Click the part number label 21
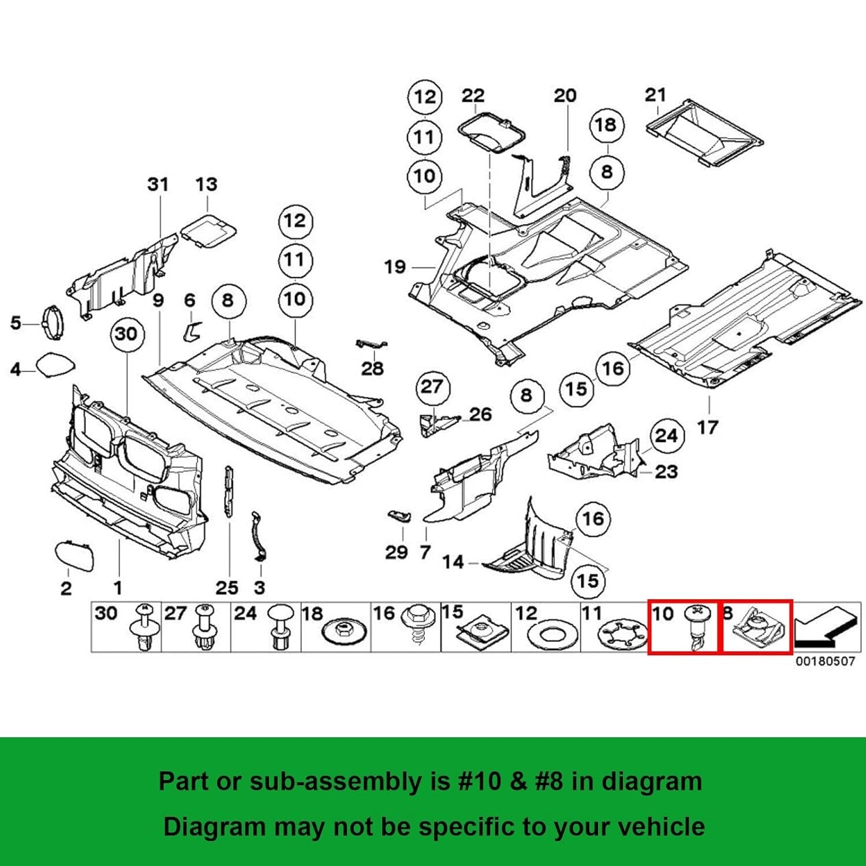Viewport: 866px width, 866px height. pyautogui.click(x=655, y=95)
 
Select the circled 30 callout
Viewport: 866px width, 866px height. pyautogui.click(x=126, y=334)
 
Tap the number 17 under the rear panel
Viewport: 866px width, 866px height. pyautogui.click(x=707, y=428)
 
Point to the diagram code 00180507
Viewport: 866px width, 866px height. pyautogui.click(x=825, y=661)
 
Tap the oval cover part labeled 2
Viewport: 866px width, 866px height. pyautogui.click(x=74, y=555)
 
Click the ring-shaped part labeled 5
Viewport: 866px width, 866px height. pyautogui.click(x=53, y=322)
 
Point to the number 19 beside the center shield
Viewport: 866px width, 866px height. pyautogui.click(x=395, y=267)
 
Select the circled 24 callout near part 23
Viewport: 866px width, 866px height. pyautogui.click(x=666, y=435)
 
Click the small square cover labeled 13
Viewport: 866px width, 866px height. pyautogui.click(x=208, y=231)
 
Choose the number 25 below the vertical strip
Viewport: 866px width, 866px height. pyautogui.click(x=227, y=588)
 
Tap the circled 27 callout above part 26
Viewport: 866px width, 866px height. pyautogui.click(x=431, y=386)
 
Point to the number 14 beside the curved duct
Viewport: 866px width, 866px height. pyautogui.click(x=453, y=562)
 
